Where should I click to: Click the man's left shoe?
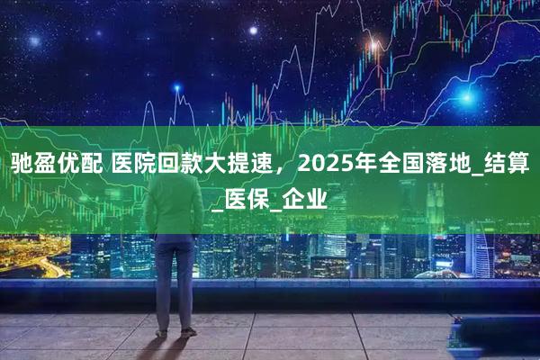point(188,332)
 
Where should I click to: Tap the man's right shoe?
point(161,334)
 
